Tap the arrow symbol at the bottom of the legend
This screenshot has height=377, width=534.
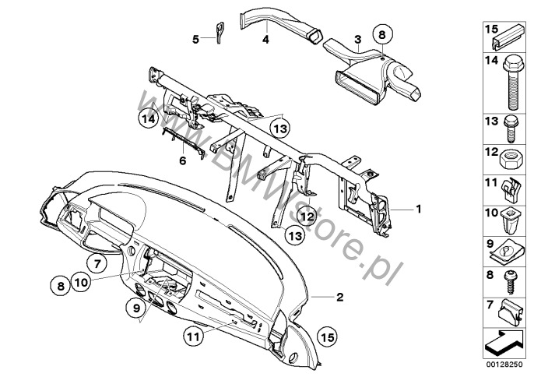pos(504,342)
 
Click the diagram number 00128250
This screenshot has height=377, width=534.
pos(505,365)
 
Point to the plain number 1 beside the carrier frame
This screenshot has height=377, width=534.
pos(419,209)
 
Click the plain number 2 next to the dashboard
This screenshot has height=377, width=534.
pos(340,298)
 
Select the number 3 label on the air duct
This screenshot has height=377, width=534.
pos(357,40)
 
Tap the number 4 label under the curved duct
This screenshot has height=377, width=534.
pos(265,40)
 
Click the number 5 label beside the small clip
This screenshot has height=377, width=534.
pos(195,40)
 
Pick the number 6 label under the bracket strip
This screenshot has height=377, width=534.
pos(183,160)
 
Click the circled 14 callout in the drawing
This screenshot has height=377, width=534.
pos(149,119)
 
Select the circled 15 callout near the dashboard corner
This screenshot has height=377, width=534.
pos(328,337)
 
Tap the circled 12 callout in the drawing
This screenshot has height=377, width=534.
pos(307,216)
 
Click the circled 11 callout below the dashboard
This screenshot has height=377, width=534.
pos(193,336)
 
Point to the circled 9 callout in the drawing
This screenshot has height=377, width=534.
pos(136,308)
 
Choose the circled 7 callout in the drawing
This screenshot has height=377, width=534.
pos(97,264)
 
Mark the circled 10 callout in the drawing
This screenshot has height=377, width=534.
pos(82,283)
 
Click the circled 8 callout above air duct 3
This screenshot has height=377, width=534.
pos(382,34)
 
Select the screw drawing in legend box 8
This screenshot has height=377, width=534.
pos(510,282)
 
